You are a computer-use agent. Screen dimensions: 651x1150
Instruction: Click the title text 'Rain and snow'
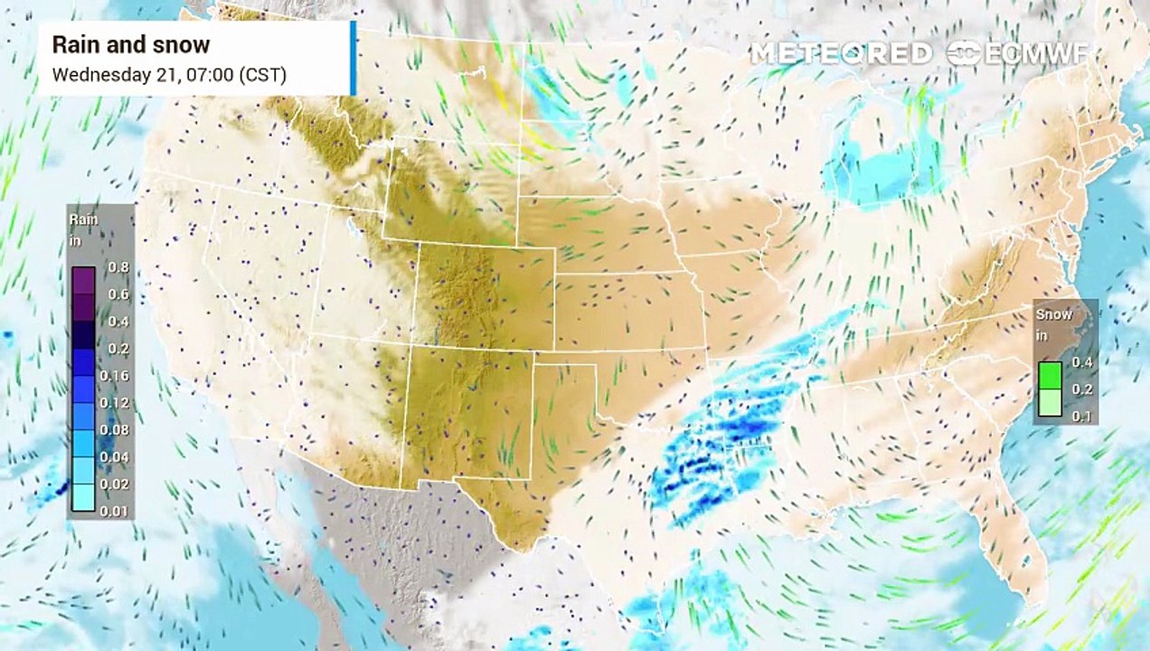(130, 44)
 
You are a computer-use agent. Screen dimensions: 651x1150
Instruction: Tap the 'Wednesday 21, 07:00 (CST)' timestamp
(169, 74)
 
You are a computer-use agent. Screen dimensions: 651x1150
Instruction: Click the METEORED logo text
(841, 53)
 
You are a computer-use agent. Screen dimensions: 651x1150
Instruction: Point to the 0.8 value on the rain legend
(118, 267)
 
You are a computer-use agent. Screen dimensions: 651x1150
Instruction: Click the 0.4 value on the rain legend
(118, 321)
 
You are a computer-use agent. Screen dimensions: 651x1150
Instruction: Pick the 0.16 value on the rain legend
(118, 375)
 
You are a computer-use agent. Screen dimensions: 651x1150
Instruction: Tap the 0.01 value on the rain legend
(118, 511)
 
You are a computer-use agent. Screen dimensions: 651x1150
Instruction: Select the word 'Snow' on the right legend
(1054, 315)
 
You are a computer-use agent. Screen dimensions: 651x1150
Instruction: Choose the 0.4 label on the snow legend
(1082, 362)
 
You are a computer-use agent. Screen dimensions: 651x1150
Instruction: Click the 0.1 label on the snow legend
(1082, 416)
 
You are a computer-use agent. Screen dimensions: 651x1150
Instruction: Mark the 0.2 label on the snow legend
(1082, 389)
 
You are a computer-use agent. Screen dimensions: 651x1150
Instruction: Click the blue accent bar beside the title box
(353, 58)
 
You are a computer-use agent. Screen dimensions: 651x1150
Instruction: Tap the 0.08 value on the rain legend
(118, 429)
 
